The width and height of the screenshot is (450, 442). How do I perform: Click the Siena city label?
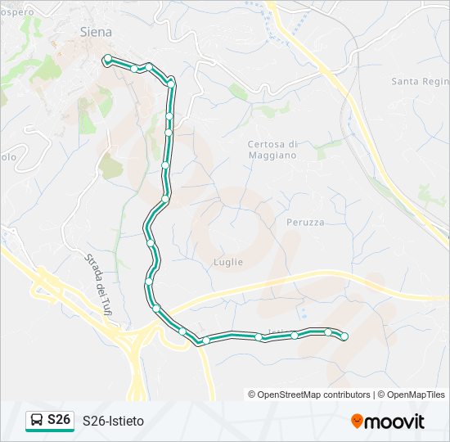96,32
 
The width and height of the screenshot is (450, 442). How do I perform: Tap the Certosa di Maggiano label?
272,149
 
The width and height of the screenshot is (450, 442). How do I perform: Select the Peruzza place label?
305,222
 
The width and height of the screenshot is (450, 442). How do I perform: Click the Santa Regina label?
420,81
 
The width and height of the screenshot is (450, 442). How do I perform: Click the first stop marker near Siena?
107,58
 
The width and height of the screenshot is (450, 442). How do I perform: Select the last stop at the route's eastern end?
344,336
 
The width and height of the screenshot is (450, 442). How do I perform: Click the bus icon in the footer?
36,421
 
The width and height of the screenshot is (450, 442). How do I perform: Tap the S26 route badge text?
59,420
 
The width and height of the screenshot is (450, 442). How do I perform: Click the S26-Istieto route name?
113,421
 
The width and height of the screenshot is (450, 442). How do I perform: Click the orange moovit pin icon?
357,421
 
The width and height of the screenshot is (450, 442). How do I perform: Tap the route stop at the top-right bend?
171,82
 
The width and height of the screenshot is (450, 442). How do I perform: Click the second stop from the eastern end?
327,331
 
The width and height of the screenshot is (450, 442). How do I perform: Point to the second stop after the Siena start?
135,69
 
